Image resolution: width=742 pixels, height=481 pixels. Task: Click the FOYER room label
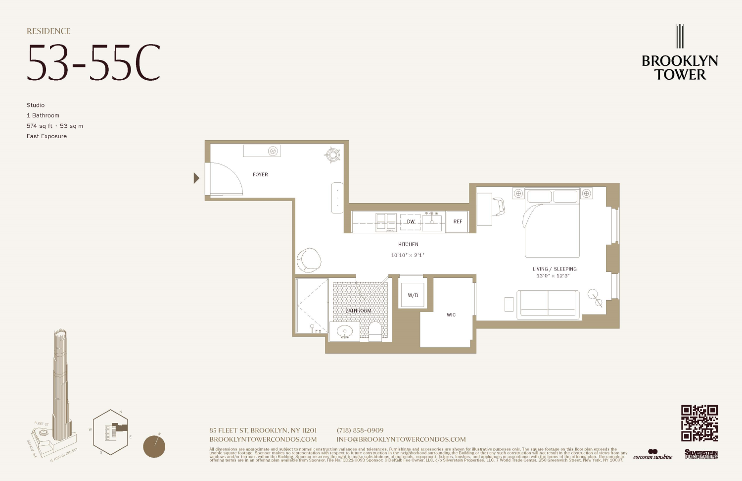(260, 174)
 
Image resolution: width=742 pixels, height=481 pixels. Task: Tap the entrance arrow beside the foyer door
(196, 178)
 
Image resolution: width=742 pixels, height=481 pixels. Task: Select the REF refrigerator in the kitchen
(458, 221)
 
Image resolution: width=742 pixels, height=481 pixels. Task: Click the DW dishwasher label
(411, 221)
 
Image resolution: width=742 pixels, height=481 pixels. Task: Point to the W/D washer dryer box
(413, 295)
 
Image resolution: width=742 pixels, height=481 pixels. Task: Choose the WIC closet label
(451, 315)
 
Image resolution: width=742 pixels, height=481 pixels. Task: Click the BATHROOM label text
(358, 311)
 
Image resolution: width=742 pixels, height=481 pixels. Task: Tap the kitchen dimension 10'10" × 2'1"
(408, 255)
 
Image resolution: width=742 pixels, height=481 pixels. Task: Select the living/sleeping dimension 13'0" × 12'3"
(553, 276)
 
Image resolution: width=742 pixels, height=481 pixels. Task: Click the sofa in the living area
(548, 304)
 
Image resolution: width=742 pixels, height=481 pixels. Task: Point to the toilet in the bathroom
(375, 330)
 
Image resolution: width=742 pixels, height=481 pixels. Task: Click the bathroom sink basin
(344, 331)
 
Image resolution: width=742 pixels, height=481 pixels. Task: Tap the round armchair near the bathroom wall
(309, 260)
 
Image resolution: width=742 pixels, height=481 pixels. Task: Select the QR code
(699, 423)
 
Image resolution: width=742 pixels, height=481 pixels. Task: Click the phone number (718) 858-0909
(360, 430)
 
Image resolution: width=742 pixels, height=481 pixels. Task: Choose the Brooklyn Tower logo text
(680, 67)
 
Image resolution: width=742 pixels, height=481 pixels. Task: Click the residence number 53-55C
(93, 63)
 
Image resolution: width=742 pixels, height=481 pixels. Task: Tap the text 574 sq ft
(40, 126)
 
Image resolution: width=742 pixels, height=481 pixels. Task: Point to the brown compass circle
(154, 446)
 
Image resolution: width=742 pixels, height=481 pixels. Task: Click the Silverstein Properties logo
(701, 454)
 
